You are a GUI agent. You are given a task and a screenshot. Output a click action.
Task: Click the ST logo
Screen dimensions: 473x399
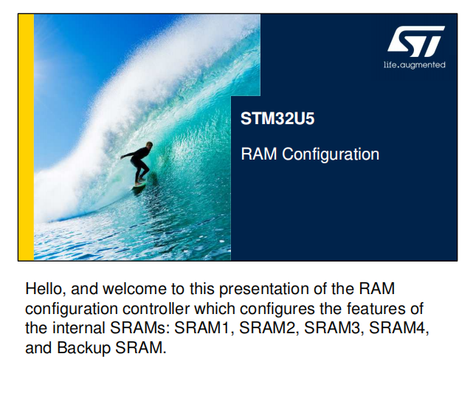(x=415, y=41)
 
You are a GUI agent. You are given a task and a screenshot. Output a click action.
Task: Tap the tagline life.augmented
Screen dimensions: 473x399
(x=415, y=65)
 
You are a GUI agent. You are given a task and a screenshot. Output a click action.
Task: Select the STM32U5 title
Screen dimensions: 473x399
(x=277, y=118)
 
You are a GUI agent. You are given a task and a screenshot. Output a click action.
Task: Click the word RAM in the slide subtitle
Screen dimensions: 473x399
(x=259, y=154)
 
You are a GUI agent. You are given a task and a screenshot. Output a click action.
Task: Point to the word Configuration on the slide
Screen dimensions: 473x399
(x=331, y=154)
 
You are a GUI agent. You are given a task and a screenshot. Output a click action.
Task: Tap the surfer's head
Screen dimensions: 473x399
(x=149, y=145)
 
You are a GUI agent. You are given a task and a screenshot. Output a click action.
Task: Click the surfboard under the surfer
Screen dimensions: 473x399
(x=139, y=185)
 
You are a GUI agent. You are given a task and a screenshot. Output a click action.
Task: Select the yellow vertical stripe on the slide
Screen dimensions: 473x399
(x=27, y=137)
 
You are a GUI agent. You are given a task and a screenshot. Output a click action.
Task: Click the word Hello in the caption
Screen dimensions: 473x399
(x=46, y=289)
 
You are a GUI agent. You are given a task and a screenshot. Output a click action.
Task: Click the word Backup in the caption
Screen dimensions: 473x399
(x=84, y=348)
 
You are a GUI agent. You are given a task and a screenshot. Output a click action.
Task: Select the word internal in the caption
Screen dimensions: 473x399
(x=78, y=328)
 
